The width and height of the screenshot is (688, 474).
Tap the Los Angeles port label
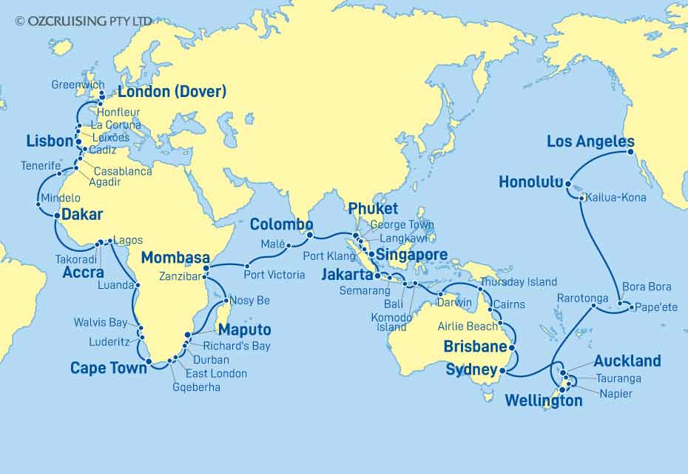click(590, 141)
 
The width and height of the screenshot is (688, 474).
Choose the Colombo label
click(281, 224)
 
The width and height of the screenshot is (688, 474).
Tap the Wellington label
click(543, 401)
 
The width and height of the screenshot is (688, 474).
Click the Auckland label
click(627, 361)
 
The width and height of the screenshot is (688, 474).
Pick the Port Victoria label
click(274, 275)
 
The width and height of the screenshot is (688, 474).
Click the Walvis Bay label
click(102, 322)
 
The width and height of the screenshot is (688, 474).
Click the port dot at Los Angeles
click(630, 152)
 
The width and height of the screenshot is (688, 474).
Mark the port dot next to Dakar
click(57, 215)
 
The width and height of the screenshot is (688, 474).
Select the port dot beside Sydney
click(502, 370)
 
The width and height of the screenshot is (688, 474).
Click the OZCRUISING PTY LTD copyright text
click(84, 21)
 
